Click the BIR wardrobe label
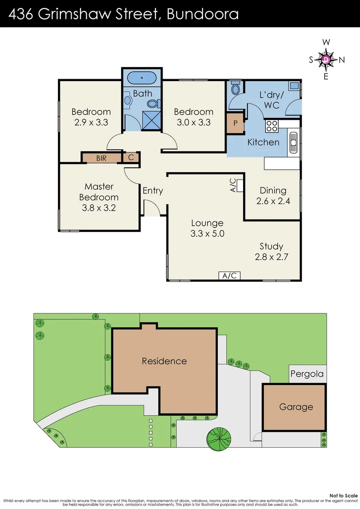101,158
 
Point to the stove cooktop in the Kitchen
272,126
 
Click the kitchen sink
294,141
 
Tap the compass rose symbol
326,59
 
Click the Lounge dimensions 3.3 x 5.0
207,234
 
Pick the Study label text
271,246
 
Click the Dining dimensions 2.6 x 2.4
273,201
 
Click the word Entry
153,190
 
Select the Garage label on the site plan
296,407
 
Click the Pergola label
307,374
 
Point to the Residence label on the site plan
164,361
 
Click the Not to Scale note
343,495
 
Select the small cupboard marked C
131,157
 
